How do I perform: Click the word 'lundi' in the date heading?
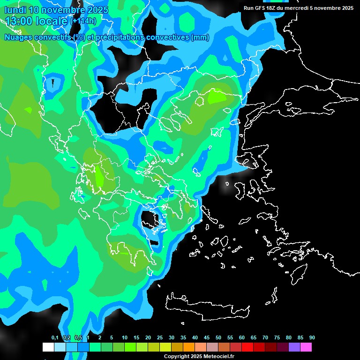(15, 9)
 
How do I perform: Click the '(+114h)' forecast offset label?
(83, 21)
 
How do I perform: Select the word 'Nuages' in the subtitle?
(18, 37)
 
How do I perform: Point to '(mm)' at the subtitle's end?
(200, 37)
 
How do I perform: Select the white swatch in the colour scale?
(48, 347)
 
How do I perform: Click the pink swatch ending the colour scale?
(306, 347)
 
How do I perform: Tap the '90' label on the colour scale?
(312, 337)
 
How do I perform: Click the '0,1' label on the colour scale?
(55, 337)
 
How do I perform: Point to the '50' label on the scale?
(218, 337)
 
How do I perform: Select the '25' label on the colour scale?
(160, 337)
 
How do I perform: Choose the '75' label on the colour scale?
(277, 337)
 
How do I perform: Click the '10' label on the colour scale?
(125, 337)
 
